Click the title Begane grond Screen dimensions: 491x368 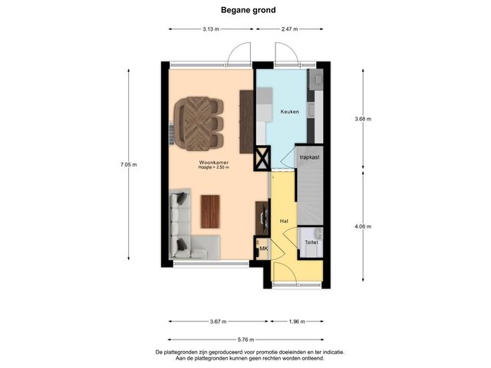[x=249, y=10]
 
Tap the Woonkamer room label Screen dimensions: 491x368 [x=214, y=163]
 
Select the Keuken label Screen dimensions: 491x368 [x=289, y=111]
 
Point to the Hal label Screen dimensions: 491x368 [x=284, y=221]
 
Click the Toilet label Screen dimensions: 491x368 [x=311, y=242]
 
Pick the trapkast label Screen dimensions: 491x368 [x=309, y=157]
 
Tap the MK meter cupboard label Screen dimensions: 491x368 [x=264, y=248]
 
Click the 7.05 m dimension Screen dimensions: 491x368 [x=128, y=165]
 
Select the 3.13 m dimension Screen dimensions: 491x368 [x=211, y=29]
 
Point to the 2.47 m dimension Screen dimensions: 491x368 [x=289, y=29]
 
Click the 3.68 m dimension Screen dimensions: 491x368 [x=363, y=119]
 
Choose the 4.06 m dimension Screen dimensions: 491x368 [x=363, y=226]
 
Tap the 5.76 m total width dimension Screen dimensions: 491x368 [x=245, y=340]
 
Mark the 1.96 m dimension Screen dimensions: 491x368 [x=297, y=321]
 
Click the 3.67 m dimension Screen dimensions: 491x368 [x=218, y=321]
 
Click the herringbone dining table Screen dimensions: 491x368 [x=196, y=123]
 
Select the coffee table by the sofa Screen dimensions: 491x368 [x=210, y=212]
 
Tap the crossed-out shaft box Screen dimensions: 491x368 [x=262, y=158]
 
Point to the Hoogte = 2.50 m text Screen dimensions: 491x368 [x=213, y=167]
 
